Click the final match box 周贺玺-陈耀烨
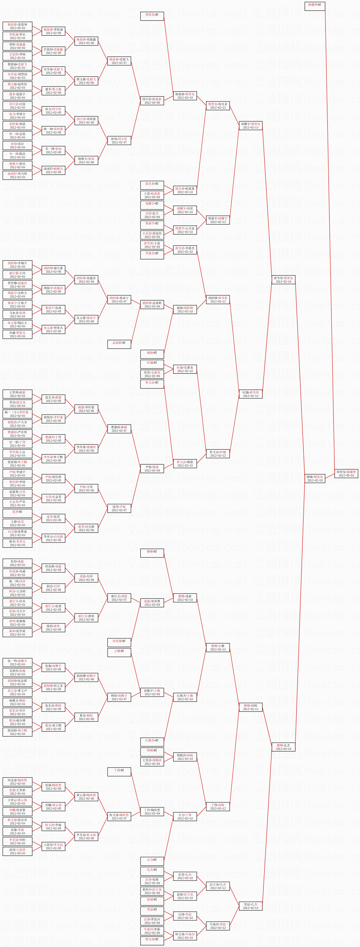coord(346,473)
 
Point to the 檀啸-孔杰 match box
coord(283,747)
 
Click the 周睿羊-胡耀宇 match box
coord(218,220)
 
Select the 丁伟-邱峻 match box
coord(218,807)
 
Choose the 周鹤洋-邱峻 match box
coord(185,757)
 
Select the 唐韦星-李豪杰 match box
coord(185,250)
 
